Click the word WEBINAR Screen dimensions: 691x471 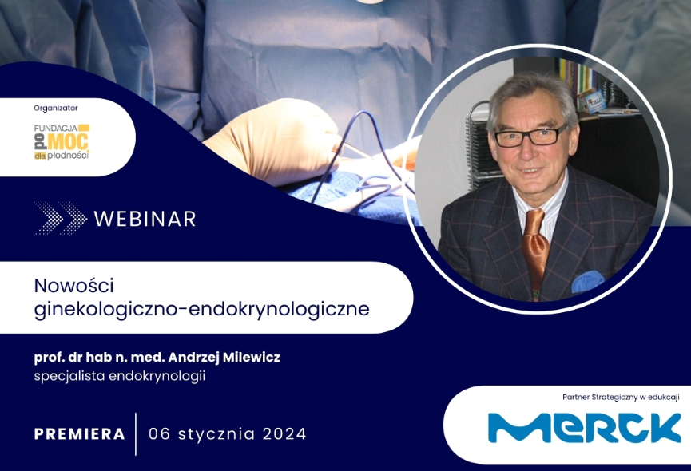[145, 219]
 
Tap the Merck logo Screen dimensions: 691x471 [584, 427]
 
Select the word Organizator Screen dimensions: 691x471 [56, 108]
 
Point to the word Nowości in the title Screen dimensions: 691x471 [74, 286]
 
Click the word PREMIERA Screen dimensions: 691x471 [80, 434]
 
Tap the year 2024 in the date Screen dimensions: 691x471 [284, 434]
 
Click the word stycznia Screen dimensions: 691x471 [216, 435]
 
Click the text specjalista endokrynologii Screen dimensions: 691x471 [120, 377]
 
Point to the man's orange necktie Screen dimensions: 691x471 [534, 246]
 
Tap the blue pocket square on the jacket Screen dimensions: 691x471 [586, 282]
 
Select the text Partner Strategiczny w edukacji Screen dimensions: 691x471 [621, 397]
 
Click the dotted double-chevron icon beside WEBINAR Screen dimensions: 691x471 [61, 219]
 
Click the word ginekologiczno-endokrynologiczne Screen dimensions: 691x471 [202, 309]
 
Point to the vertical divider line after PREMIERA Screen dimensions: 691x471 [136, 434]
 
